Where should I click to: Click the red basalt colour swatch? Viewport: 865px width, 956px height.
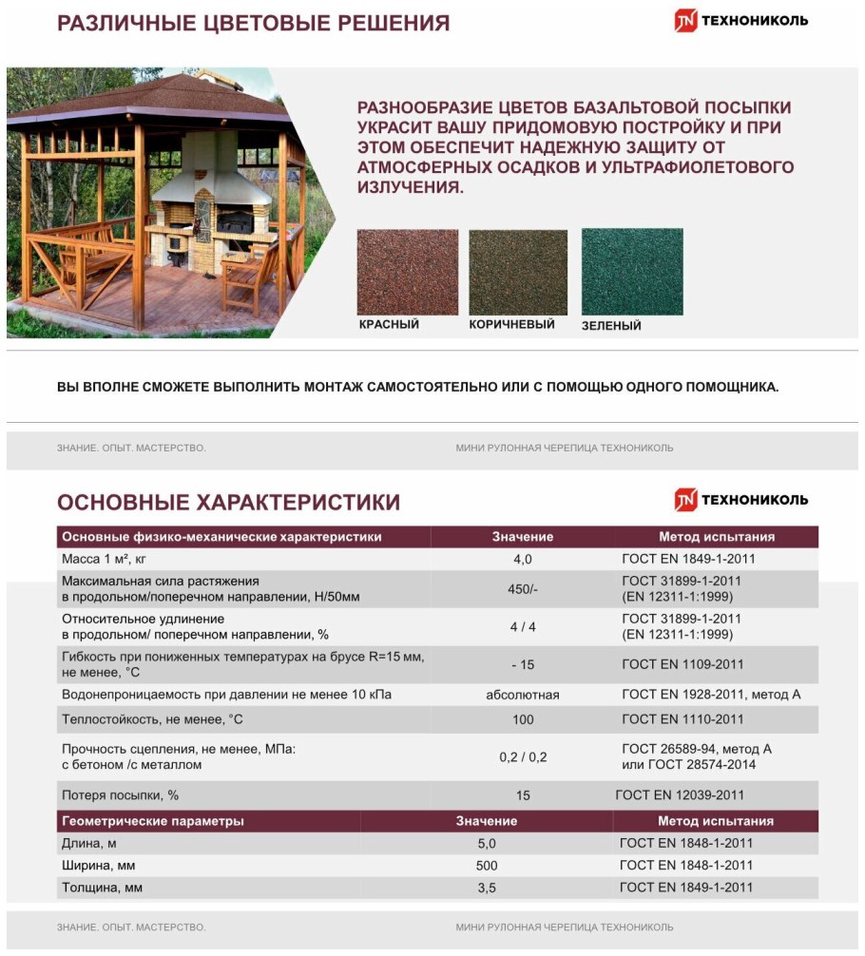pyautogui.click(x=407, y=272)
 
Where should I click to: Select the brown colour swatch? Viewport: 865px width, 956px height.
pyautogui.click(x=518, y=272)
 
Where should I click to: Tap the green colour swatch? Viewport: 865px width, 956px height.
pyautogui.click(x=632, y=272)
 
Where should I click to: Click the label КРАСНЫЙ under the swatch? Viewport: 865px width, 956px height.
pyautogui.click(x=389, y=325)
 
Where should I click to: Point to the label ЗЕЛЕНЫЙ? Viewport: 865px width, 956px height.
pyautogui.click(x=611, y=326)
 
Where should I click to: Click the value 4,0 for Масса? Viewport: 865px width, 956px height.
pyautogui.click(x=523, y=560)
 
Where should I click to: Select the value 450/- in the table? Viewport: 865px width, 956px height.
pyautogui.click(x=523, y=589)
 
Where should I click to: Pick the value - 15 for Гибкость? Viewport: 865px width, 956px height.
pyautogui.click(x=522, y=664)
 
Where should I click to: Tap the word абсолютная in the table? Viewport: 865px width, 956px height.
pyautogui.click(x=523, y=696)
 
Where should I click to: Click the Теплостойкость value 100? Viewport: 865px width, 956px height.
pyautogui.click(x=523, y=719)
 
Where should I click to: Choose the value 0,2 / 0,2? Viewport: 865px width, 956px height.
pyautogui.click(x=523, y=757)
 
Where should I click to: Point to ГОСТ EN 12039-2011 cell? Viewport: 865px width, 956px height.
pyautogui.click(x=680, y=795)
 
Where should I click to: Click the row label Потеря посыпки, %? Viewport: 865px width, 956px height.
pyautogui.click(x=120, y=795)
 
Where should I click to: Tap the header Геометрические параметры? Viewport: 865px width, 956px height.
pyautogui.click(x=152, y=821)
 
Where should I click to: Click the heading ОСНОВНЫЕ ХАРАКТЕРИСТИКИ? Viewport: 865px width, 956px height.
pyautogui.click(x=228, y=503)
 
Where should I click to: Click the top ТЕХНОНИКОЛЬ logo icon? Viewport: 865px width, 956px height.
pyautogui.click(x=686, y=21)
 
